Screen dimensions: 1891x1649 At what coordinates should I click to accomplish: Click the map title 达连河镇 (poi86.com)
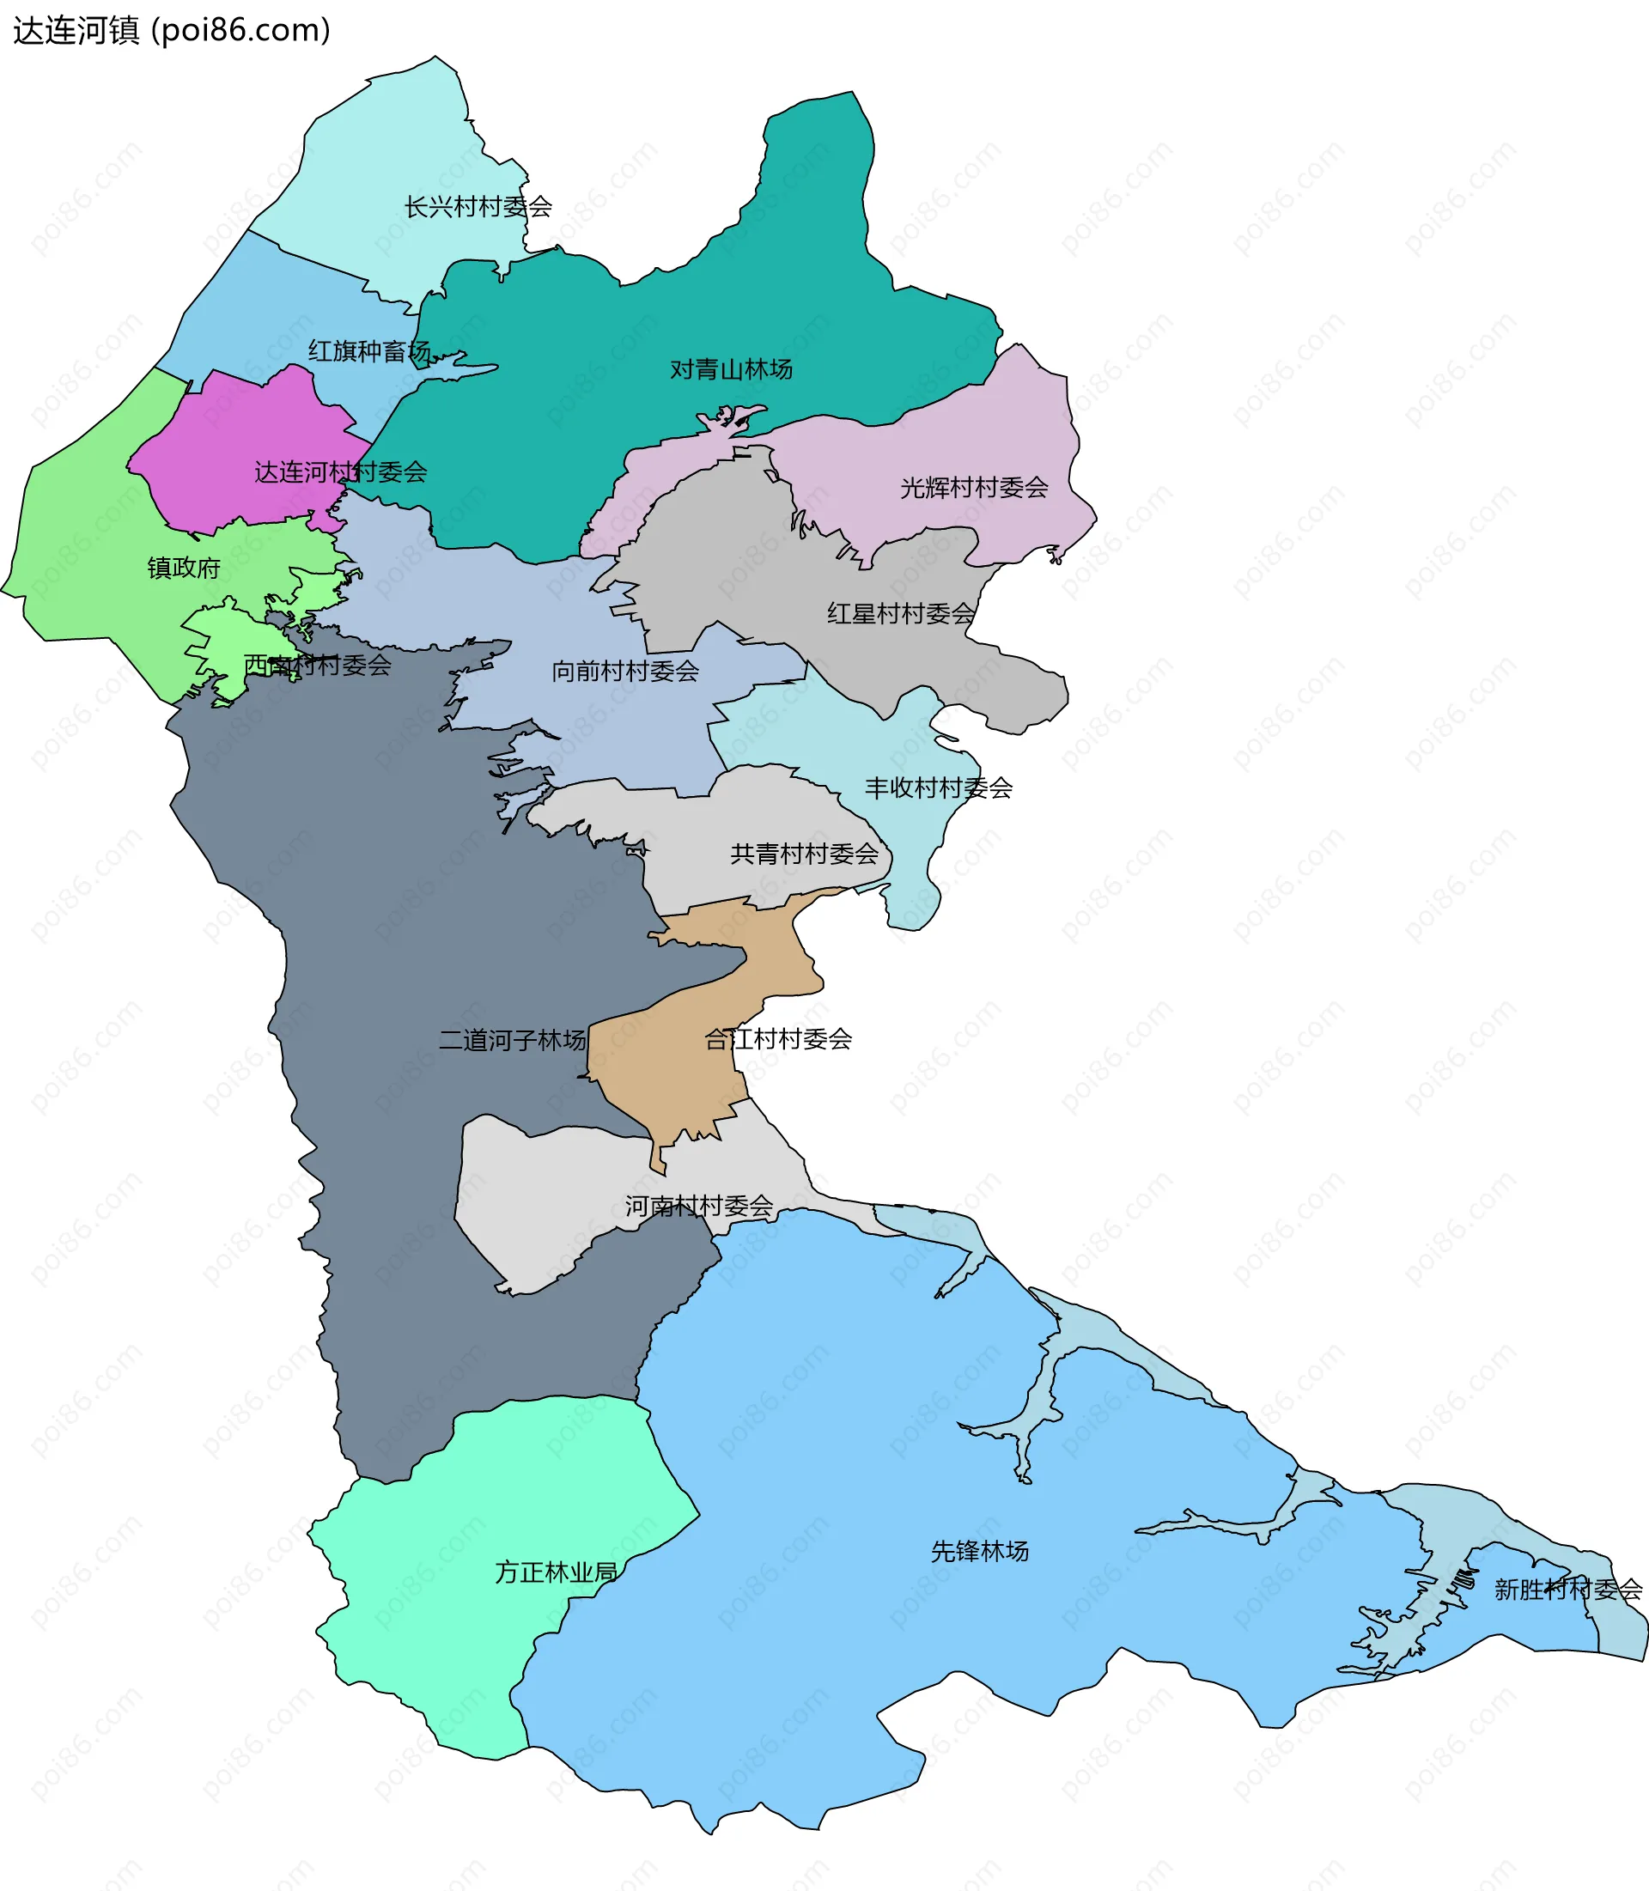(x=171, y=30)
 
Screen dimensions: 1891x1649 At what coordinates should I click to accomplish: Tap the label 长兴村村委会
(x=478, y=207)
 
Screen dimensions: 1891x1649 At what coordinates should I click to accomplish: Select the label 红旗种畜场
(x=369, y=351)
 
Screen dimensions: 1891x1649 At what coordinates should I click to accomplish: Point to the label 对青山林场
(x=731, y=370)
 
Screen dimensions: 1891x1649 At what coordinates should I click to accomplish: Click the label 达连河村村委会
(x=340, y=472)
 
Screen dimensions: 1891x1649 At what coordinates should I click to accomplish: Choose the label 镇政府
(x=184, y=568)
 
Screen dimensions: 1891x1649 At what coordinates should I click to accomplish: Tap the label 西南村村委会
(x=318, y=665)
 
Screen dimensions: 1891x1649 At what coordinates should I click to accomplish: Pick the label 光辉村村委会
(x=974, y=488)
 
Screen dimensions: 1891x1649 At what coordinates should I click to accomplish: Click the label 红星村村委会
(x=900, y=614)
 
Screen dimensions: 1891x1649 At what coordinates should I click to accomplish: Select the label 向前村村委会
(x=625, y=672)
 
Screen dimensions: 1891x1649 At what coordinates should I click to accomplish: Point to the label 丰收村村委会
(x=938, y=787)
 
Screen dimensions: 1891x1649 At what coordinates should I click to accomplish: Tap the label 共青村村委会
(x=804, y=854)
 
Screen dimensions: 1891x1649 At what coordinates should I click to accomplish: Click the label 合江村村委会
(x=777, y=1039)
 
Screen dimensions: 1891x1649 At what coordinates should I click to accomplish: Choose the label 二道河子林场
(x=513, y=1040)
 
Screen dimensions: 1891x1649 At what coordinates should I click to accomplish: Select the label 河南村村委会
(x=699, y=1206)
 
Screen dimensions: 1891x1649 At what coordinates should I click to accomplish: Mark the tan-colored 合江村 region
(x=662, y=1077)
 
